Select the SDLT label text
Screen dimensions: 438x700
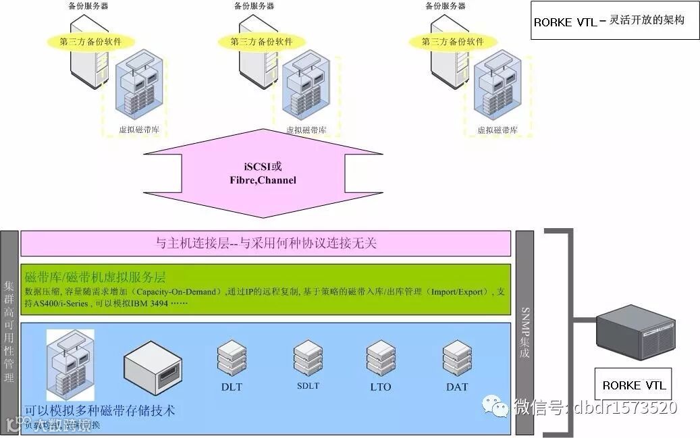coord(308,386)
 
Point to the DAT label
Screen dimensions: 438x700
coord(457,387)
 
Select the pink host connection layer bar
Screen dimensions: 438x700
coord(265,244)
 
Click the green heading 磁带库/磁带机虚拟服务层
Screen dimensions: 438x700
coord(95,277)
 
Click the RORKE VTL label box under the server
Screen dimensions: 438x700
coord(633,385)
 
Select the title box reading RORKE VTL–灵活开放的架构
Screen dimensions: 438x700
coord(614,21)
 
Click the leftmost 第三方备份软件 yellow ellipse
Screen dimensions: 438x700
coord(91,41)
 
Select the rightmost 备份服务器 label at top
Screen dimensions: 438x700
coord(446,6)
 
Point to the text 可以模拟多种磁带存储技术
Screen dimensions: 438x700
coord(100,410)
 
